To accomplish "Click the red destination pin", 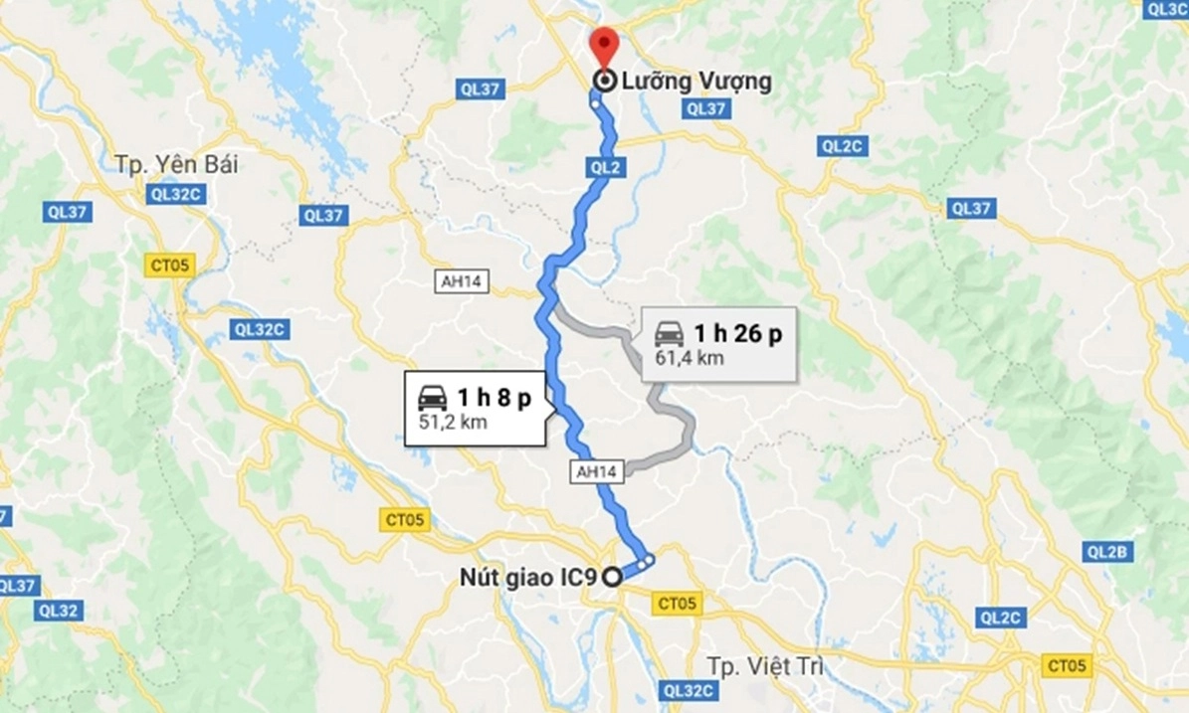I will pyautogui.click(x=603, y=45).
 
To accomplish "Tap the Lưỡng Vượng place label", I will pyautogui.click(x=696, y=82).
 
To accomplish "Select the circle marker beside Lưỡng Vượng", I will pyautogui.click(x=603, y=82).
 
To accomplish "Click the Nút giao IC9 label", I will pyautogui.click(x=528, y=576).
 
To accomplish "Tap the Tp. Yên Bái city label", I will pyautogui.click(x=177, y=163).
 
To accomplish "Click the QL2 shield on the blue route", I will pyautogui.click(x=605, y=168).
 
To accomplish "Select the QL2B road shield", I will pyautogui.click(x=1106, y=553).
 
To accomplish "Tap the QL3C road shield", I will pyautogui.click(x=1166, y=9).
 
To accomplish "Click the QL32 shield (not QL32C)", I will pyautogui.click(x=58, y=611).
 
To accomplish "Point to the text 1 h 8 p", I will pyautogui.click(x=494, y=398).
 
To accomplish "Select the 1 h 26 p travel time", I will pyautogui.click(x=737, y=333).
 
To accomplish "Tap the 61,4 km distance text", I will pyautogui.click(x=689, y=357).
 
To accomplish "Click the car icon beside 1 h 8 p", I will pyautogui.click(x=432, y=397).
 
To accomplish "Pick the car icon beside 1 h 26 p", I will pyautogui.click(x=669, y=332).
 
